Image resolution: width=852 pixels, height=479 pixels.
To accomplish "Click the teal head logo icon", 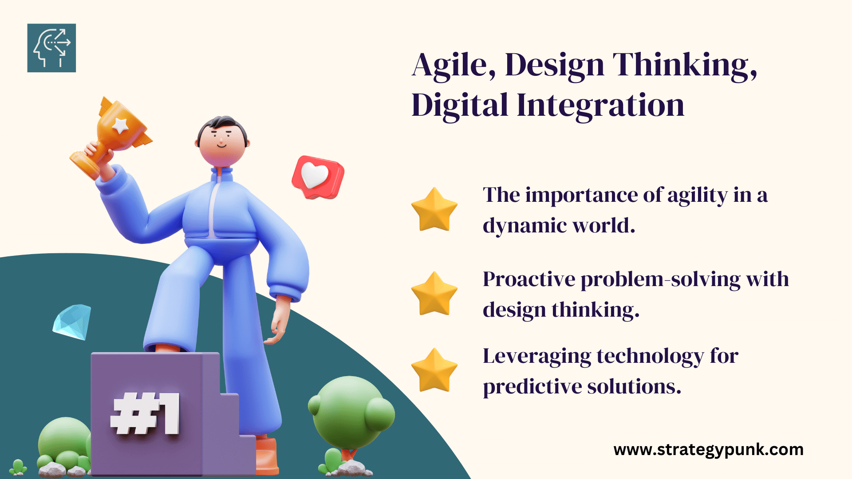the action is click(51, 48).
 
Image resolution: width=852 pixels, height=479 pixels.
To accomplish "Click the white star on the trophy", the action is click(120, 126).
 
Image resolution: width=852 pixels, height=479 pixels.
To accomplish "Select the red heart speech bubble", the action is click(318, 177).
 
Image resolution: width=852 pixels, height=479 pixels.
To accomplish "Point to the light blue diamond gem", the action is click(72, 322).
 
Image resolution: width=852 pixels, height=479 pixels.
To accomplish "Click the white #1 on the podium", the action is click(145, 413).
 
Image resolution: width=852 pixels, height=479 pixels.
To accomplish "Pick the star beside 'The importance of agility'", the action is click(434, 209).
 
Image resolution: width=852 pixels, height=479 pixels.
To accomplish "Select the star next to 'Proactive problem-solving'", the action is click(434, 294).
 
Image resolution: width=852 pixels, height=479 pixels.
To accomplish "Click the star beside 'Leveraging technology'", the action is click(434, 370).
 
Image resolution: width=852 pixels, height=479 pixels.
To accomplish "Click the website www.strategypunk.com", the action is click(709, 450).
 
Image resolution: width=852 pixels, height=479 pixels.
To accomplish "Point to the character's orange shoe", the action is click(267, 456).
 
